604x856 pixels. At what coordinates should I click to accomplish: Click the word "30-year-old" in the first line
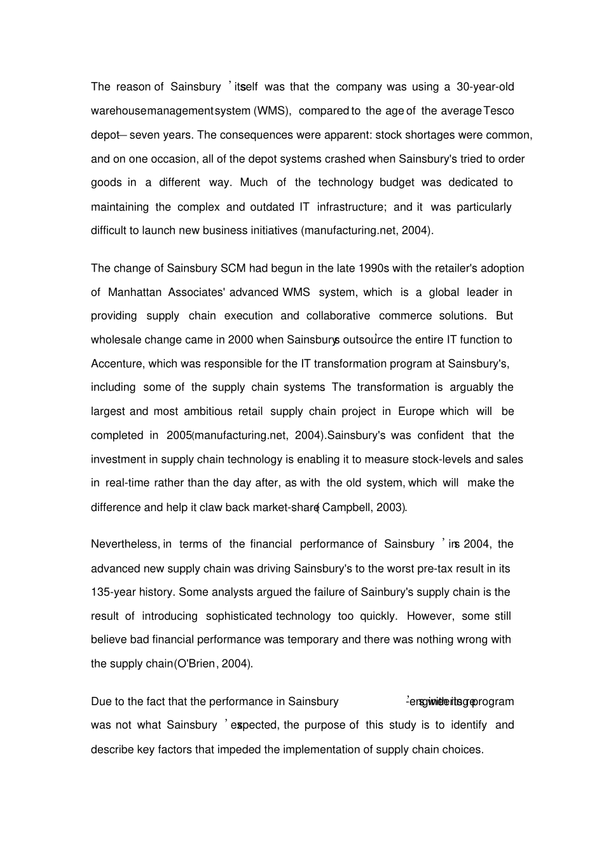pyautogui.click(x=485, y=87)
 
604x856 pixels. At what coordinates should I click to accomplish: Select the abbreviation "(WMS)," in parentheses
pyautogui.click(x=273, y=111)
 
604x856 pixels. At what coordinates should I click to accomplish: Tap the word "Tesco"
pyautogui.click(x=499, y=111)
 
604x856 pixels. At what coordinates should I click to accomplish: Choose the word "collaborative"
pyautogui.click(x=338, y=316)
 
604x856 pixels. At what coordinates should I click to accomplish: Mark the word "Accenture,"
pyautogui.click(x=118, y=363)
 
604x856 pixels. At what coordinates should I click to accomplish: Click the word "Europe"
pyautogui.click(x=416, y=411)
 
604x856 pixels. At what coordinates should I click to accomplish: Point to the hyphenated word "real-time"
pyautogui.click(x=127, y=482)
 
